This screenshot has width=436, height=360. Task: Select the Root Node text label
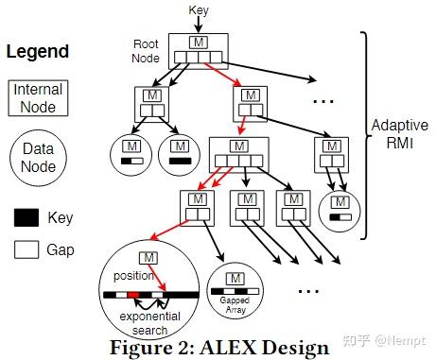click(x=146, y=49)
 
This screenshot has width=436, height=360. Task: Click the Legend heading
click(x=38, y=51)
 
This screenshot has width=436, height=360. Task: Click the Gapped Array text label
click(x=235, y=302)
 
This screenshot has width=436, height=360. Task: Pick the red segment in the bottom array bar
click(x=134, y=295)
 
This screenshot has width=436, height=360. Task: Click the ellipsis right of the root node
click(x=325, y=99)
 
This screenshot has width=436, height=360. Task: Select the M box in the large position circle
click(x=148, y=259)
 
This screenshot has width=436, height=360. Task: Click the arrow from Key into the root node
click(x=199, y=23)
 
